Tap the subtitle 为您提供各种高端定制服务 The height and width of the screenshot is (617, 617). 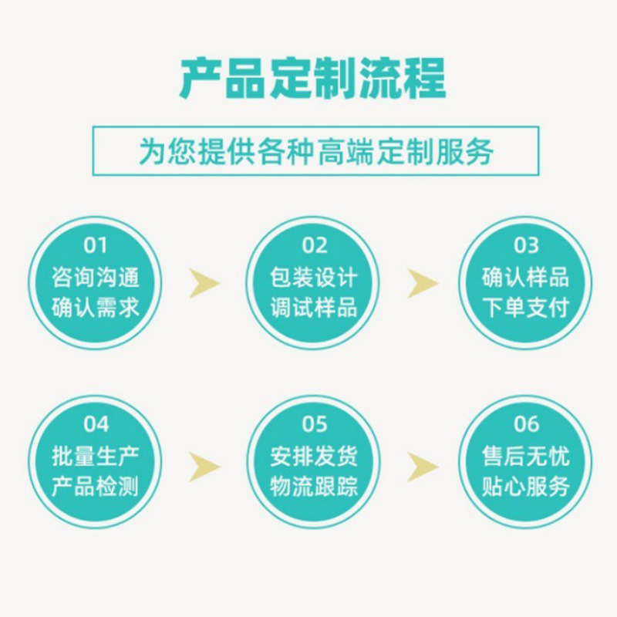315,151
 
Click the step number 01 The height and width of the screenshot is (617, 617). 96,245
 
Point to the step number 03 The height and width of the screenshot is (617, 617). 526,245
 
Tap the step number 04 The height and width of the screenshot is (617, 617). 96,423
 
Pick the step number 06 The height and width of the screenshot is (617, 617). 526,423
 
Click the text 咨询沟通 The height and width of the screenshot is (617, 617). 96,277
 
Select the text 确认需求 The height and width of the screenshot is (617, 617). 96,308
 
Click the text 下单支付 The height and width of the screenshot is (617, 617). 526,308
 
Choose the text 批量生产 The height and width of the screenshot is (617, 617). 96,456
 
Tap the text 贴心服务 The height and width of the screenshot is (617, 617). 526,487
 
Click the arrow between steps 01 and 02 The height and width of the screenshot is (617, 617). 204,283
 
